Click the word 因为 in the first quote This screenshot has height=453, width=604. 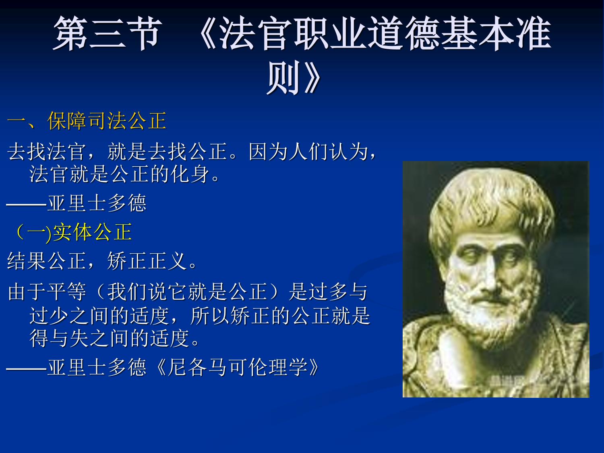point(269,151)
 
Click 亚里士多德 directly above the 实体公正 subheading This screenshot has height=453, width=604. point(97,203)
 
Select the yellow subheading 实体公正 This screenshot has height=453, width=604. point(93,232)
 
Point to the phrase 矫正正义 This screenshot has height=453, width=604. point(147,261)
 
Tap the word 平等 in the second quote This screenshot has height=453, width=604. point(67,292)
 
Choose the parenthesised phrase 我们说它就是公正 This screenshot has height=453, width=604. point(187,292)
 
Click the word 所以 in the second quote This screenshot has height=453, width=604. point(210,316)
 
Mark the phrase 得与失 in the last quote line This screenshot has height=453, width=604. point(60,338)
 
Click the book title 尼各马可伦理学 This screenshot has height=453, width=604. point(237,367)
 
